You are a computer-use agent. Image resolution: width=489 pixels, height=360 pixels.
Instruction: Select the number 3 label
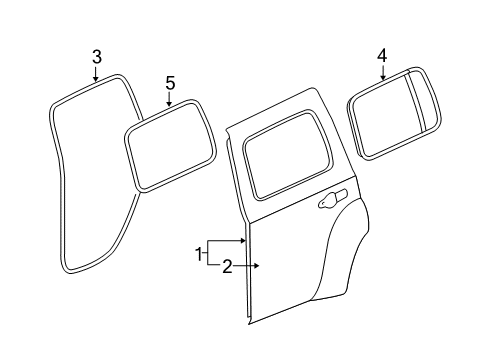[96, 56]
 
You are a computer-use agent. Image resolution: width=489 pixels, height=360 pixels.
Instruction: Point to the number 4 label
[382, 55]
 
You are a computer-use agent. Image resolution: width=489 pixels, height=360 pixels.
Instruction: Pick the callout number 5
[170, 83]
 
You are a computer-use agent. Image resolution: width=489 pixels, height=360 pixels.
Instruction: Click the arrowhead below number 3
[96, 76]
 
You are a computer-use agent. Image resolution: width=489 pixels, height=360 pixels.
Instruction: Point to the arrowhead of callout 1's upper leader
[245, 241]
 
